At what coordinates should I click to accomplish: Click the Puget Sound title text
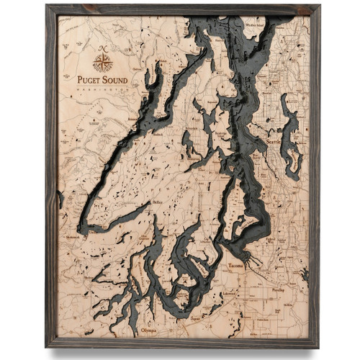click(x=103, y=79)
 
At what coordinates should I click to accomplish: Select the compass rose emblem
click(x=103, y=63)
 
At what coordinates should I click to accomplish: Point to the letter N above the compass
click(x=103, y=48)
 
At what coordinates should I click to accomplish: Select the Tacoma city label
click(x=236, y=266)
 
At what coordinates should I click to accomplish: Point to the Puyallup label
click(x=278, y=273)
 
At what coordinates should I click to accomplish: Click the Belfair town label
click(x=156, y=204)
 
